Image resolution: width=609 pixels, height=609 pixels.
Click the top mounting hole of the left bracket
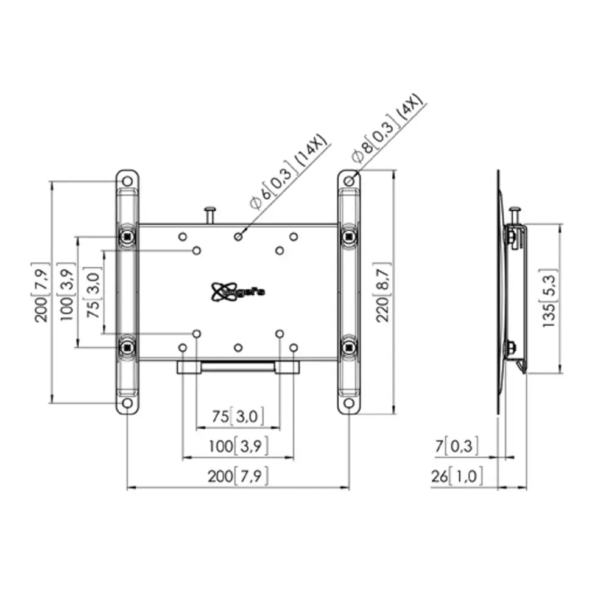tap(127, 181)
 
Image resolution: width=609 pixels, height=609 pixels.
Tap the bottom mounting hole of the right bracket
tap(349, 403)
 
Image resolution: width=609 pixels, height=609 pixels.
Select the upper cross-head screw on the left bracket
tap(127, 235)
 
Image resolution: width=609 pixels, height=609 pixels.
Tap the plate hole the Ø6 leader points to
tap(238, 236)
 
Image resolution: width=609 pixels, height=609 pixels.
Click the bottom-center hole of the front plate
tap(238, 347)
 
